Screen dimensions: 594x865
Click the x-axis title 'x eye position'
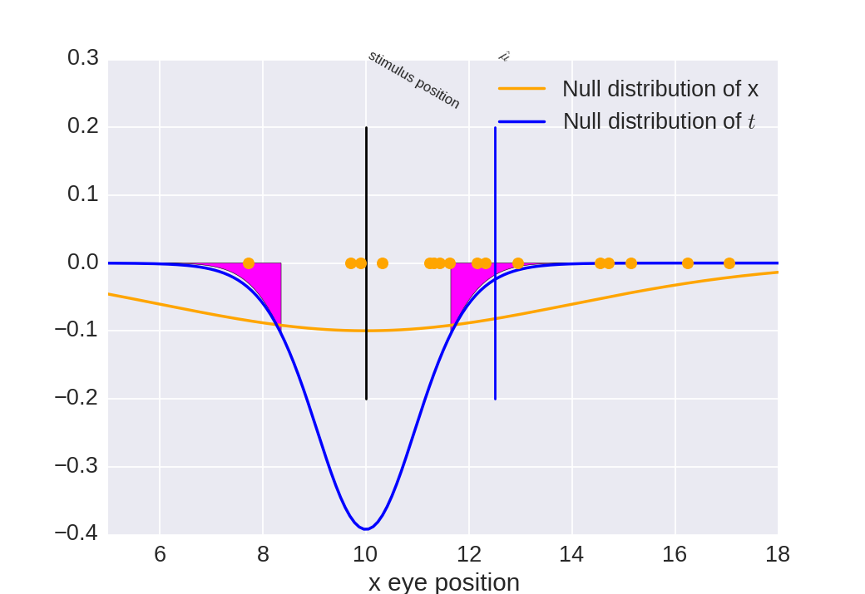(443, 582)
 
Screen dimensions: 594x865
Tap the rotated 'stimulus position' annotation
(413, 80)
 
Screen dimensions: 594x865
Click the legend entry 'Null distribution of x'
(660, 89)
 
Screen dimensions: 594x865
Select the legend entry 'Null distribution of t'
(659, 121)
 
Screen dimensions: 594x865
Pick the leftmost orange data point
(249, 263)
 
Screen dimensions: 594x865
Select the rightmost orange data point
(729, 263)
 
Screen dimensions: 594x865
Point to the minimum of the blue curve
(366, 528)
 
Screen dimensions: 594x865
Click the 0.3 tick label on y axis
(83, 58)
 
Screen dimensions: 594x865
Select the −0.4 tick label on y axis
(77, 533)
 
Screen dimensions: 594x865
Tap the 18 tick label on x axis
(778, 554)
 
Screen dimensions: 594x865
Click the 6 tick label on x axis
(160, 554)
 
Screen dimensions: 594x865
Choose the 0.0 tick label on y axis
(83, 263)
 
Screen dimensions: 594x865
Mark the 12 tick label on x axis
(468, 554)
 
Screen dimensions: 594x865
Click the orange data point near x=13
(518, 263)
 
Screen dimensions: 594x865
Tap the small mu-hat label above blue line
(503, 56)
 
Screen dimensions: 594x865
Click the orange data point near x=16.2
(688, 263)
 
